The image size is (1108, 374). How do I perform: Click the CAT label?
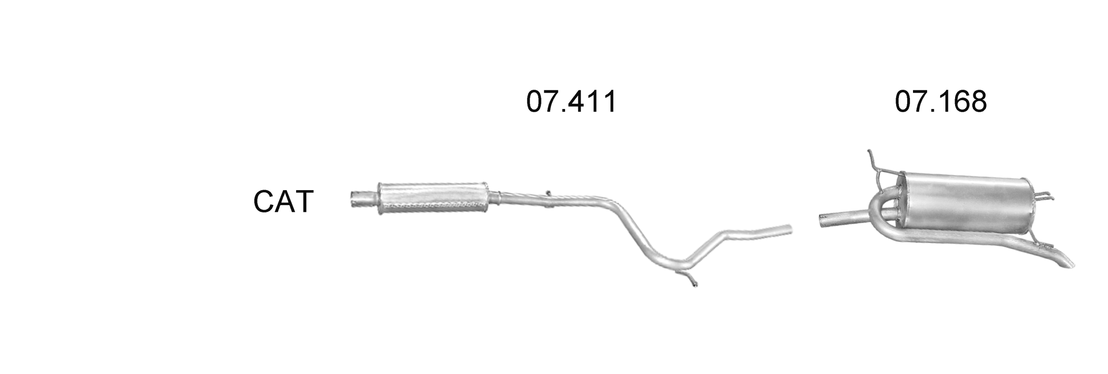coord(284,202)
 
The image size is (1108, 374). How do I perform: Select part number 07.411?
coord(571,102)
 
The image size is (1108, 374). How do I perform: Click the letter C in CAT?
coord(264,202)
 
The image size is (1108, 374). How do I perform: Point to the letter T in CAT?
coord(304,202)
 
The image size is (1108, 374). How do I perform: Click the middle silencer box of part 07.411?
coord(433,198)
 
